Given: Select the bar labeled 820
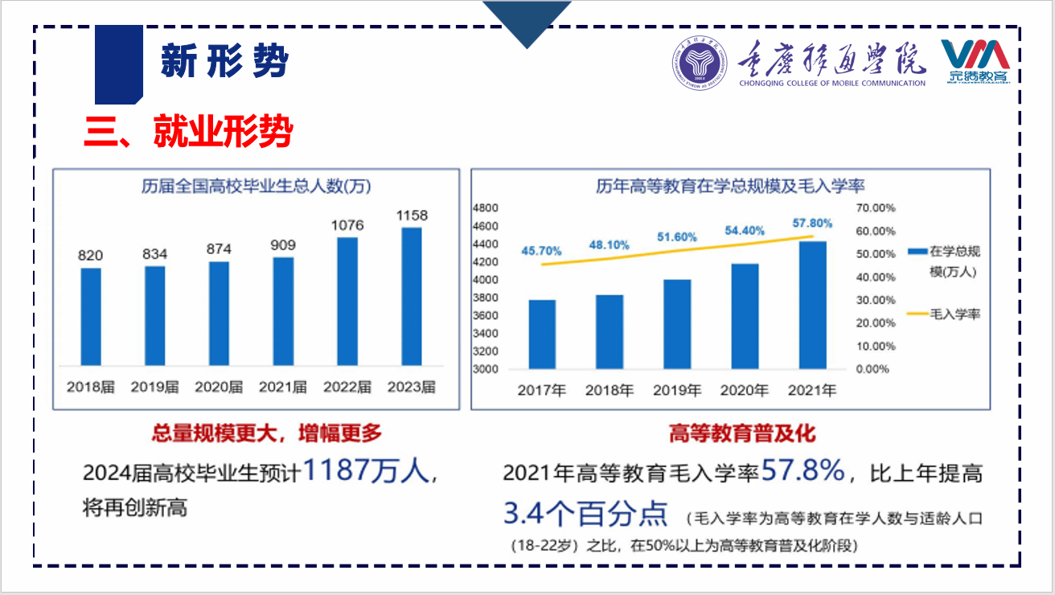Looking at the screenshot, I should tap(91, 316).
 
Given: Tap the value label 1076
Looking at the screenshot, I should tap(347, 225).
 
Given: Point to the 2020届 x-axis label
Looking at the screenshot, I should tap(219, 387).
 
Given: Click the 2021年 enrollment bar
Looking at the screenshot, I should tap(812, 306).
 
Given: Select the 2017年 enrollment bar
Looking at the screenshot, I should tap(542, 334).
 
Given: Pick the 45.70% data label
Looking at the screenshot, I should tap(540, 251).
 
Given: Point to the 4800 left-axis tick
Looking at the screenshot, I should tap(486, 207).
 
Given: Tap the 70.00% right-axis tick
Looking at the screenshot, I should tap(876, 207).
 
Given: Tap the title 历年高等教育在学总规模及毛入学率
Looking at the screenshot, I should tap(729, 187).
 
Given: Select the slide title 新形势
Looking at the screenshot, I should tap(224, 62).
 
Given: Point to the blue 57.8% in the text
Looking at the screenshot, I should tap(803, 471).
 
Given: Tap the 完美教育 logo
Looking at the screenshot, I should tap(976, 62).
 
